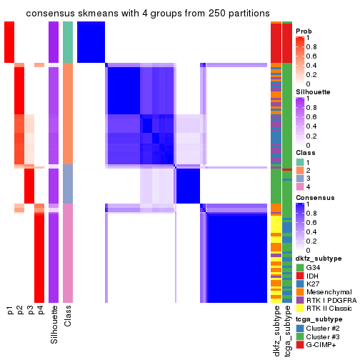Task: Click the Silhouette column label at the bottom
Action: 54,324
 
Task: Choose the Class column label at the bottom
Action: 68,317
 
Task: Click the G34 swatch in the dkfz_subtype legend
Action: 300,268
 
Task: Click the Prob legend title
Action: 304,31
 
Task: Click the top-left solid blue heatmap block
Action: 91,41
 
